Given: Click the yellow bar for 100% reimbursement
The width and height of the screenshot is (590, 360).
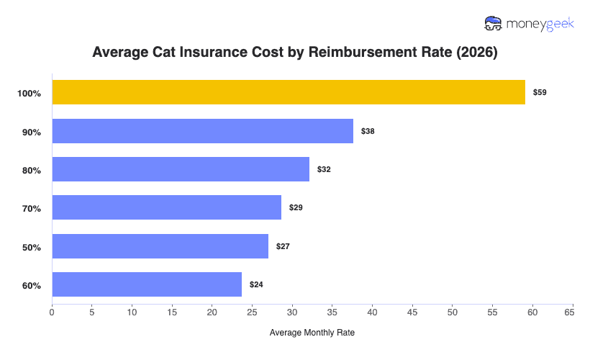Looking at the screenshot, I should [288, 92].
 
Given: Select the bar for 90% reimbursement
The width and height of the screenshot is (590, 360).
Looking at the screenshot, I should [202, 131].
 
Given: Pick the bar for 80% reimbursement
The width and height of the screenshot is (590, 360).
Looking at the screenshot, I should [181, 169].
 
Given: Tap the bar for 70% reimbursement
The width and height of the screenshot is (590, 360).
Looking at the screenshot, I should [166, 207].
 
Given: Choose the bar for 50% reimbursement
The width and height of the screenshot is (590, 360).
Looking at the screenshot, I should [160, 246].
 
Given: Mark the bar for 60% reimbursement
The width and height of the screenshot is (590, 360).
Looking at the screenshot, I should [147, 284].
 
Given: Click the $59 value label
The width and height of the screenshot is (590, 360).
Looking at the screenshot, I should [540, 92].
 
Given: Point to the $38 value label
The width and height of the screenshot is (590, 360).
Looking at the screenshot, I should [368, 131].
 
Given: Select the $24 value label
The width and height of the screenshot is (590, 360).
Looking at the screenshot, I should [256, 284].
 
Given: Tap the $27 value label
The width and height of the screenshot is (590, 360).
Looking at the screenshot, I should [283, 246].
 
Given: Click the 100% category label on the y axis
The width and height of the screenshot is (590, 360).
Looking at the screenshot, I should [30, 94].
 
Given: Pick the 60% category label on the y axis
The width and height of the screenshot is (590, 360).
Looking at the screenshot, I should [32, 286].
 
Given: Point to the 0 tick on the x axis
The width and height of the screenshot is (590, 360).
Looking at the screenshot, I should [52, 312].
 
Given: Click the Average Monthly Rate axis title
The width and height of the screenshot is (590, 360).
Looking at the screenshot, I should [312, 333].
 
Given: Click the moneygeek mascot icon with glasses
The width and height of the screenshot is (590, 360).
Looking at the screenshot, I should [494, 24].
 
